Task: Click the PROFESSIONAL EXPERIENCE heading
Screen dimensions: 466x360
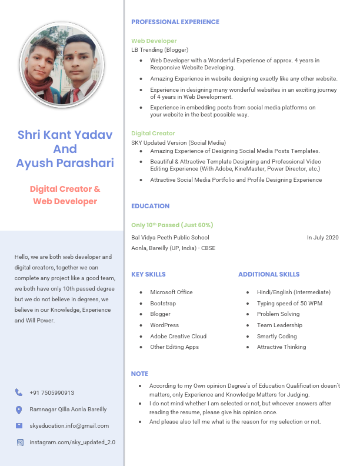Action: (x=175, y=22)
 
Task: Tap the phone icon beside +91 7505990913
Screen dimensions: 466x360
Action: (x=19, y=392)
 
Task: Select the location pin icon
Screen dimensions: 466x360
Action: (x=19, y=409)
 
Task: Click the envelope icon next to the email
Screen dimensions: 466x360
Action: (x=19, y=425)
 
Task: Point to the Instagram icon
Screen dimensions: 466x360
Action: (x=19, y=442)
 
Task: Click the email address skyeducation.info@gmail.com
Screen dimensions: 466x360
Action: (x=69, y=425)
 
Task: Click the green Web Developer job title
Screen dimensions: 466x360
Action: (x=154, y=41)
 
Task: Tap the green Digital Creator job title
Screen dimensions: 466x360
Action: (x=153, y=134)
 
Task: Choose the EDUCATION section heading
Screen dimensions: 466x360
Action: (x=150, y=206)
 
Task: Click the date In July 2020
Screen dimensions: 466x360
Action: (x=322, y=238)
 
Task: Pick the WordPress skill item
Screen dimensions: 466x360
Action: (x=164, y=325)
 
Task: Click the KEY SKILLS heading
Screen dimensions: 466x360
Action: (x=148, y=274)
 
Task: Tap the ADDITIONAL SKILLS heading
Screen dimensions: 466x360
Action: (x=268, y=274)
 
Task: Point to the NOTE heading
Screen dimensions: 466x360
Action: (x=139, y=374)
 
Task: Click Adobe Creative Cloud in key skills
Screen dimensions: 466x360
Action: (x=178, y=336)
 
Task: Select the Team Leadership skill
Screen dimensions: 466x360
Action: (x=279, y=325)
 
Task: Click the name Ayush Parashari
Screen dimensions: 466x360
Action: (x=65, y=163)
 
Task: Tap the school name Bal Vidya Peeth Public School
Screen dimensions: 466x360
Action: (x=170, y=238)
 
